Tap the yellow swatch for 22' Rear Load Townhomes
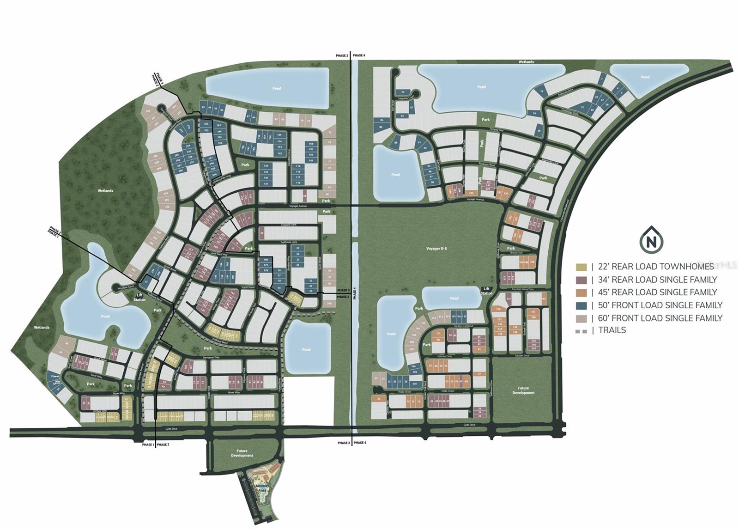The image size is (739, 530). point(581,267)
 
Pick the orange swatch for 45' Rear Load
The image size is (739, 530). point(581,292)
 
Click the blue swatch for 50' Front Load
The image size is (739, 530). point(581,305)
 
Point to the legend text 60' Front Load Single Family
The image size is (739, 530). point(660,318)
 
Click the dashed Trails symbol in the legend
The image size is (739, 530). point(581,331)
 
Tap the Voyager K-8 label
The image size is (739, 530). point(436,249)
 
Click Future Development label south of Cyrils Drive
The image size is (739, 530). point(242,453)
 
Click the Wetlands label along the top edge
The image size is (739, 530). point(526,62)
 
